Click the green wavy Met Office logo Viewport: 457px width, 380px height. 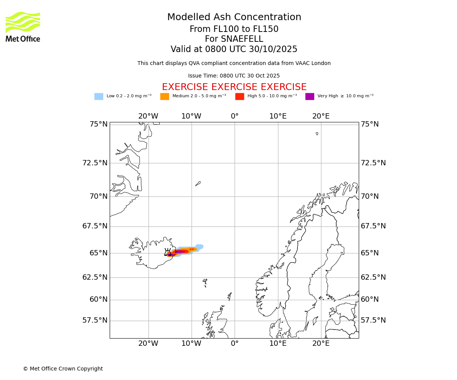coord(23,22)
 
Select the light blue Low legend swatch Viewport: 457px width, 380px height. coord(99,97)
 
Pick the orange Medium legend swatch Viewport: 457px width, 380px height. coord(165,97)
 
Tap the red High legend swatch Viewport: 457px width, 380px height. coord(240,97)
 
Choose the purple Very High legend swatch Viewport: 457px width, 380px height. coord(310,97)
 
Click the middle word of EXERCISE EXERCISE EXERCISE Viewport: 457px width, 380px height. coord(234,87)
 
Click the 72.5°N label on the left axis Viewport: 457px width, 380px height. coord(95,163)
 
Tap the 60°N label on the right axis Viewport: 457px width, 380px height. coord(370,299)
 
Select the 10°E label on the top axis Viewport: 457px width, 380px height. coord(278,116)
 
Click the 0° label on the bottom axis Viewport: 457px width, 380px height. coord(235,344)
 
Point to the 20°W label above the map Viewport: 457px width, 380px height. coord(148,116)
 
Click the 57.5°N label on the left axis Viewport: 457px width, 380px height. coord(95,320)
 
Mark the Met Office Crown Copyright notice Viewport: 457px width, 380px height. coord(63,369)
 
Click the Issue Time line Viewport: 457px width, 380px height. coord(234,76)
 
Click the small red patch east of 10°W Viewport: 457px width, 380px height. coord(192,249)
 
